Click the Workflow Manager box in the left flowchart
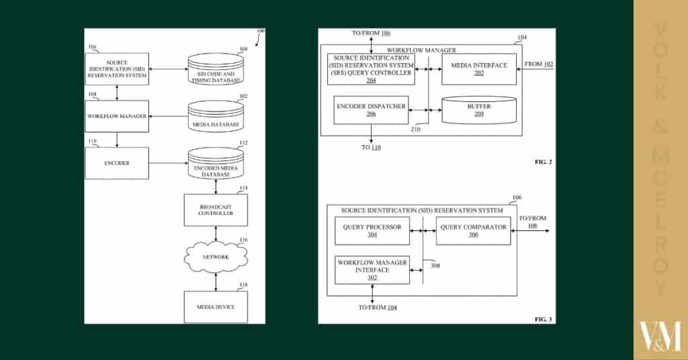coord(117,116)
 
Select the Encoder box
coord(117,163)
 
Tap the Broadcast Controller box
coord(215,210)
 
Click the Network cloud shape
coord(215,257)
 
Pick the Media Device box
coord(215,306)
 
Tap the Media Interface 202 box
coord(478,69)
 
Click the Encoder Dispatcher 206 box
coord(371,109)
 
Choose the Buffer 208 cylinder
coord(479,109)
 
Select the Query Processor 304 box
coord(372,230)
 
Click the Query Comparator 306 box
coord(472,230)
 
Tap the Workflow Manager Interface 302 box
coord(372,269)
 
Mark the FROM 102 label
coord(539,64)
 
